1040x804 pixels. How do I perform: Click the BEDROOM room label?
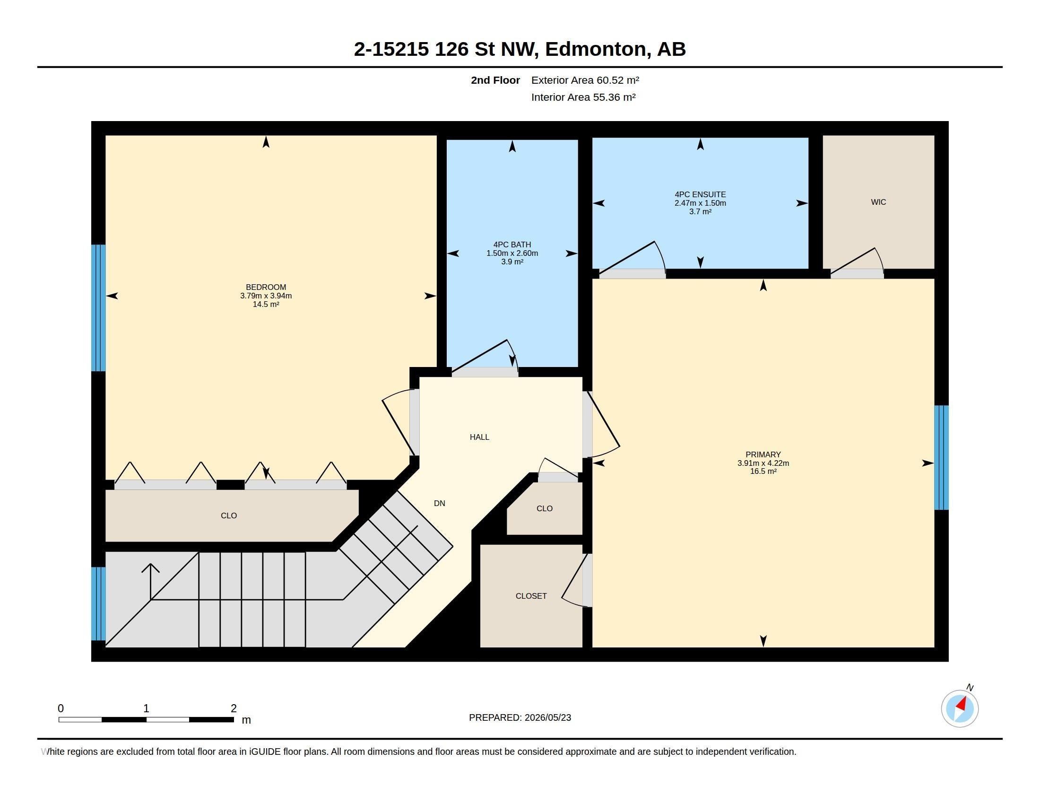click(x=266, y=287)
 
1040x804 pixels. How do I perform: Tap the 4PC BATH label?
click(x=512, y=245)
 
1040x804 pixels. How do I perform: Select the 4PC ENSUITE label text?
click(x=700, y=194)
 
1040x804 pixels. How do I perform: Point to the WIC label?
click(x=878, y=202)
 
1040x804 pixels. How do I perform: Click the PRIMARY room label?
click(x=763, y=454)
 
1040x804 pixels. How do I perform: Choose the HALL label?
click(x=479, y=437)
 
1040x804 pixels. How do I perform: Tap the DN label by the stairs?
click(x=439, y=503)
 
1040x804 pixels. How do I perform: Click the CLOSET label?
click(x=531, y=596)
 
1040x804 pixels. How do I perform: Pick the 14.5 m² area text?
click(x=266, y=305)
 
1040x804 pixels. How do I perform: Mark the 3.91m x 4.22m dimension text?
click(x=763, y=463)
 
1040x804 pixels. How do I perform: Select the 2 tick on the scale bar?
click(x=234, y=708)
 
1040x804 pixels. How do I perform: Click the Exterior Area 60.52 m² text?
click(x=585, y=80)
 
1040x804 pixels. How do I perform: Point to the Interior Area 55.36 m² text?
click(x=583, y=97)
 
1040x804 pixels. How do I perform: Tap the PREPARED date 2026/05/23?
click(x=547, y=717)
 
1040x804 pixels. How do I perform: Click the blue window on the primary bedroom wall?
click(x=941, y=457)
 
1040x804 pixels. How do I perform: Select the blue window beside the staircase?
click(x=99, y=603)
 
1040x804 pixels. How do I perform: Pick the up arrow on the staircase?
click(x=150, y=582)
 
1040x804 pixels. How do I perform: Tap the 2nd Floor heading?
click(x=495, y=80)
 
